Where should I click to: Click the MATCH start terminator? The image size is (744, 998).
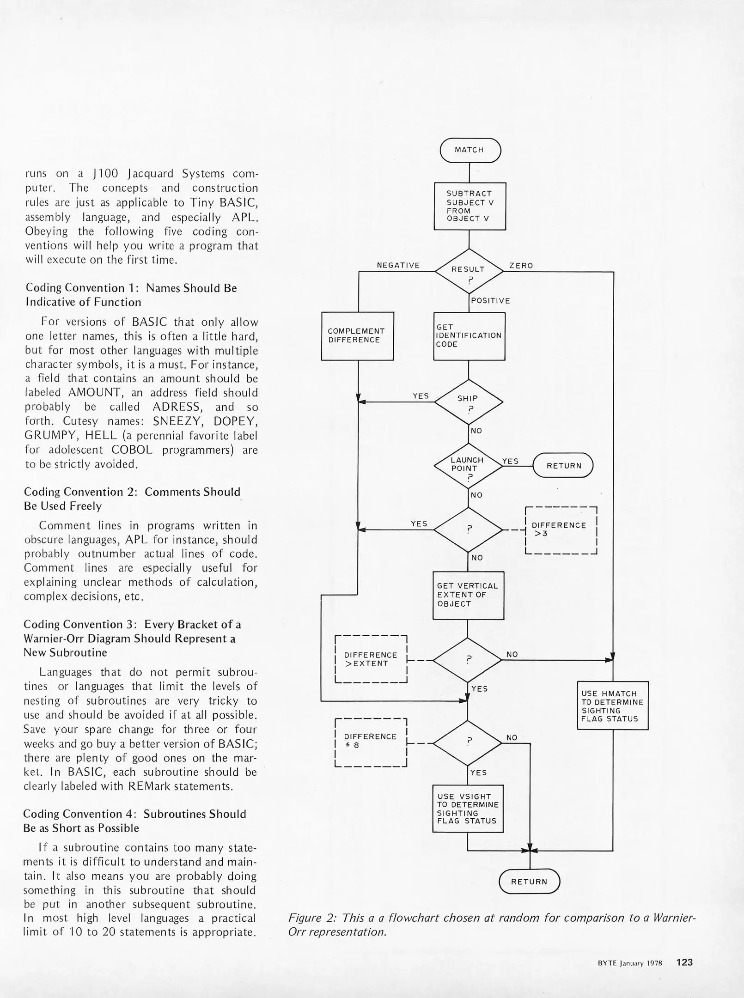(470, 150)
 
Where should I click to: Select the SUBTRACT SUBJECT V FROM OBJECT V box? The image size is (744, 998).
(470, 206)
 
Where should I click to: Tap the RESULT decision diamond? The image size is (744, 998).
(469, 272)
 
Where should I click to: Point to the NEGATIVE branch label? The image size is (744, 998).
(398, 265)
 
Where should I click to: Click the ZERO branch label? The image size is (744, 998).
(521, 266)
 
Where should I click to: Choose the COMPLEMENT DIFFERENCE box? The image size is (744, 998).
(357, 336)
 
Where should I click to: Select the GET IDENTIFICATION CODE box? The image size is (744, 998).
(469, 336)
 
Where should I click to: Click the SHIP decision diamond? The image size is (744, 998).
(469, 402)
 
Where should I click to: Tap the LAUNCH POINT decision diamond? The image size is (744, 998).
(468, 465)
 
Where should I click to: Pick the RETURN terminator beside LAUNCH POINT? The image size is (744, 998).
(563, 466)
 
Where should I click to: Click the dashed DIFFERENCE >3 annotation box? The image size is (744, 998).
(561, 530)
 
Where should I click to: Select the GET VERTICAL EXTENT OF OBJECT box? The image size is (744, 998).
(468, 595)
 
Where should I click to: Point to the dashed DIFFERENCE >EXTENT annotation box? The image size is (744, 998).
(371, 659)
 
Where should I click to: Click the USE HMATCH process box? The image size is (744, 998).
(612, 706)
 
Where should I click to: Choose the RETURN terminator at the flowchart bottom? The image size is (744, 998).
(529, 882)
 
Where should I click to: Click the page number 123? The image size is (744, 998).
(684, 962)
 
